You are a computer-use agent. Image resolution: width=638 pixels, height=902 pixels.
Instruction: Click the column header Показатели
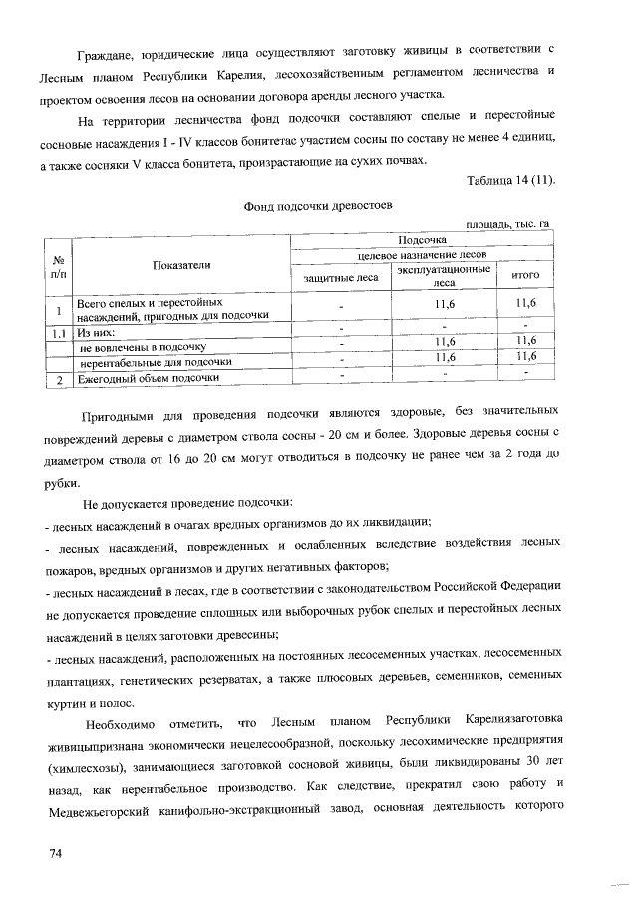[181, 264]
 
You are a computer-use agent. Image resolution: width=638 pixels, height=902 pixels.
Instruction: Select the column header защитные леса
[340, 277]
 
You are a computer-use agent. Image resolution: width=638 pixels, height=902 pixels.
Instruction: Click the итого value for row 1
[524, 303]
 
